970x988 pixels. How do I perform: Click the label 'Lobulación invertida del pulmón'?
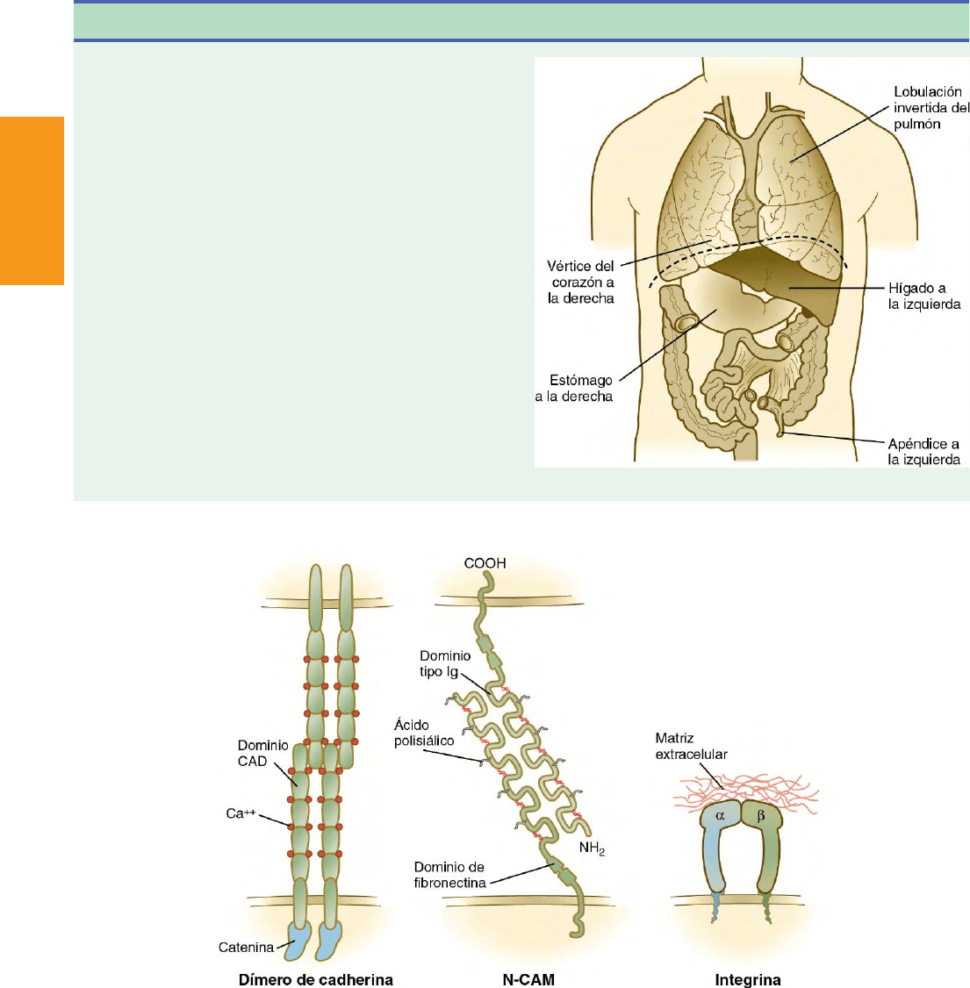coord(931,108)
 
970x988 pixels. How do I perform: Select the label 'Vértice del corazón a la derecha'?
coord(581,282)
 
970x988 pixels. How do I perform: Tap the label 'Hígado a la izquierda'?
coord(923,296)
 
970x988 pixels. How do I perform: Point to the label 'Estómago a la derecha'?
coord(575,388)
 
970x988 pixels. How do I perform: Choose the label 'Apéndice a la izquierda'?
coord(923,451)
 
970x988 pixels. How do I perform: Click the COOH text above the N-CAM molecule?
coord(485,563)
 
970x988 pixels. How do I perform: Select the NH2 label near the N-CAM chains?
coord(592,848)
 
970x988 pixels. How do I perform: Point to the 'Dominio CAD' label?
coord(263,753)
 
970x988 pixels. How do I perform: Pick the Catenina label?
coord(246,947)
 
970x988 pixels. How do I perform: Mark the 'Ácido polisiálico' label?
coord(424,733)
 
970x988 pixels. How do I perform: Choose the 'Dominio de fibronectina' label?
coord(449,875)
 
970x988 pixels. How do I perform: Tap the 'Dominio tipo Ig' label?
coord(445,663)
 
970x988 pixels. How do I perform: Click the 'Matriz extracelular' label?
coord(691,746)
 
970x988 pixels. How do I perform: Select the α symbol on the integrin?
coord(721,815)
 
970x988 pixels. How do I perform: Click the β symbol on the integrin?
coord(760,815)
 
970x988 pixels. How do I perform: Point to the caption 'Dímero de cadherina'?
coord(316,979)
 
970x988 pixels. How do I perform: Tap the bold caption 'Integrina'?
coord(748,979)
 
